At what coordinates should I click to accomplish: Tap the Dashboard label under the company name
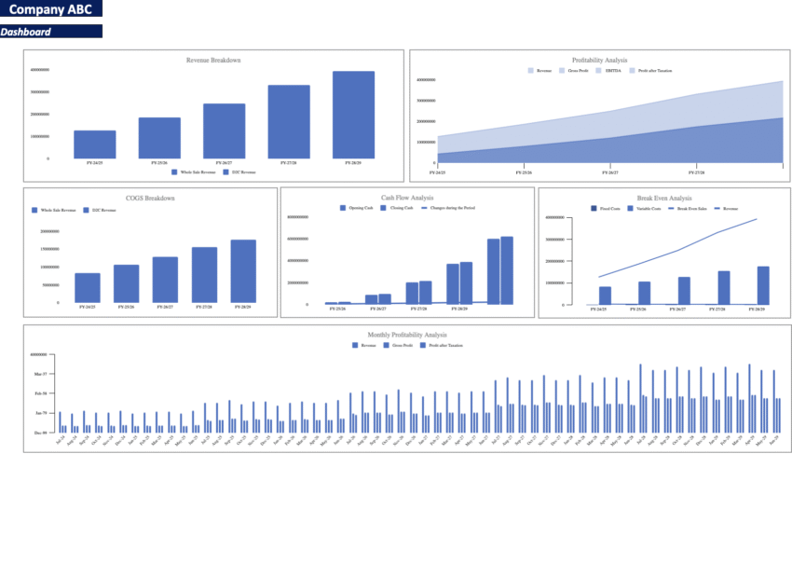(26, 32)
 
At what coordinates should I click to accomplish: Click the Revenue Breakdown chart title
(213, 61)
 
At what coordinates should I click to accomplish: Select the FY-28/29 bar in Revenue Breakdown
(353, 115)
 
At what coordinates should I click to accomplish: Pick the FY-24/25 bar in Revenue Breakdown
(95, 144)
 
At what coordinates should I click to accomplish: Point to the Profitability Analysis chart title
(599, 61)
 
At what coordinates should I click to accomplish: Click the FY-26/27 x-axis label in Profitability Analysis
(610, 172)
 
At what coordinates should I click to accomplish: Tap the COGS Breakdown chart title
(150, 198)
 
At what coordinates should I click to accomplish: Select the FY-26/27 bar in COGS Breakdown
(165, 280)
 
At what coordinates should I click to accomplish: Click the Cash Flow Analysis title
(408, 198)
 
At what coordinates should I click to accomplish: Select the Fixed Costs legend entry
(608, 209)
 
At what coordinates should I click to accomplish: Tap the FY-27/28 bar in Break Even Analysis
(724, 287)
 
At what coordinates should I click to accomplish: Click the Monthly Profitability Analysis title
(407, 335)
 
